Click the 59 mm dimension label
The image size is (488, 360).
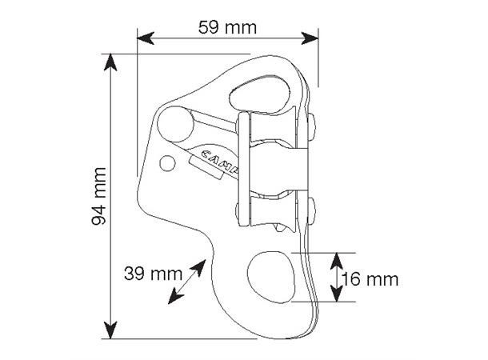coord(227,28)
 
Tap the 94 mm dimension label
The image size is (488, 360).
coord(99,196)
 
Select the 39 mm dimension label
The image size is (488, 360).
coord(153,274)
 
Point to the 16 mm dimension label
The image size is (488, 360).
coord(370,279)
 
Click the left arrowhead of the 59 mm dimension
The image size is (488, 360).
coord(146,38)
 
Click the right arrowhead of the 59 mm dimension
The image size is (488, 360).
coord(310,38)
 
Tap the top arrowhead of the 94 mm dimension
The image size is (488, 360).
coord(110,62)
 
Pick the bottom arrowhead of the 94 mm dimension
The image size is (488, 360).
coord(110,330)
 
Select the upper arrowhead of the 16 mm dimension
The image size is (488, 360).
coord(337,262)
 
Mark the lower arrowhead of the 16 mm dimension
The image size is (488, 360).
coord(337,294)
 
